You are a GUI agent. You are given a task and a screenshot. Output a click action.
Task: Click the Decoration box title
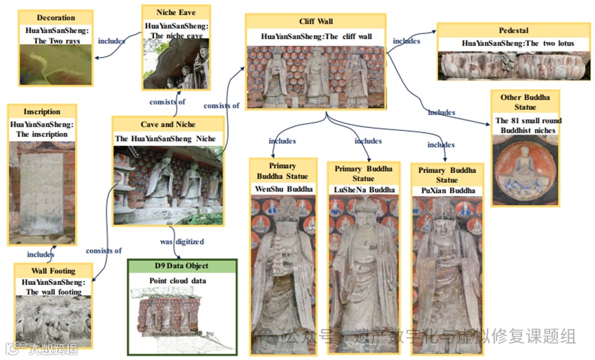pyautogui.click(x=56, y=17)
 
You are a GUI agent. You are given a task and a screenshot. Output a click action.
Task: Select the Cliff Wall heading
pyautogui.click(x=317, y=22)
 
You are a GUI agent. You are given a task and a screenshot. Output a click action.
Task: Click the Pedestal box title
pyautogui.click(x=515, y=31)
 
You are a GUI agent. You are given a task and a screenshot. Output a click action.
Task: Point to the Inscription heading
pyautogui.click(x=42, y=112)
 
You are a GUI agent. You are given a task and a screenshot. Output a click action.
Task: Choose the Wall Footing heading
pyautogui.click(x=53, y=271)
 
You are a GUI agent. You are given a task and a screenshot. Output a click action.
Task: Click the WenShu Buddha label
pyautogui.click(x=284, y=189)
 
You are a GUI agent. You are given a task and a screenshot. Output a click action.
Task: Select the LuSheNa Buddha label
pyautogui.click(x=365, y=189)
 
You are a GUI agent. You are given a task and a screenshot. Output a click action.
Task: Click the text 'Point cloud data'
pyautogui.click(x=178, y=281)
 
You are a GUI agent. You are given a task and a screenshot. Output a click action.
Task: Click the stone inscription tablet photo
pyautogui.click(x=42, y=193)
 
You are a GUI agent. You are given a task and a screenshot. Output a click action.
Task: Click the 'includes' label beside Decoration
pyautogui.click(x=111, y=41)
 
